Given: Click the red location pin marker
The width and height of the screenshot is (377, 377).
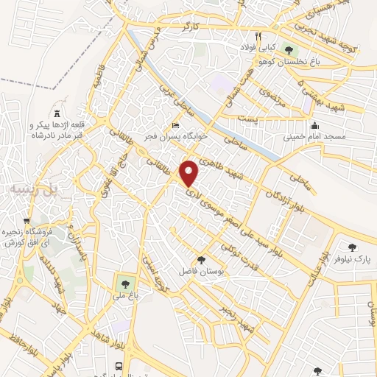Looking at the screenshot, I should tap(189, 173).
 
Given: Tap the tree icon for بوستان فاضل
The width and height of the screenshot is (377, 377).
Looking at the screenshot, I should tap(200, 258).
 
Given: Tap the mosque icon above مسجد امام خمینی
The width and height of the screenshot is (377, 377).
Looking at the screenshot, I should tap(314, 124).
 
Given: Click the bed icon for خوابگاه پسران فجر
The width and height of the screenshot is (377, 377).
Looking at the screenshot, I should tap(175, 125).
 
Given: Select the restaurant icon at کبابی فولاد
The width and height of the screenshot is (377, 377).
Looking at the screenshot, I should tap(258, 35).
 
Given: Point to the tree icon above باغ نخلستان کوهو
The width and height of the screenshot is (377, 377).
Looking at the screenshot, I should tap(288, 50).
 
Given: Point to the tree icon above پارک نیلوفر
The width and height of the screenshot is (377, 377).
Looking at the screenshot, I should tap(352, 247).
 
